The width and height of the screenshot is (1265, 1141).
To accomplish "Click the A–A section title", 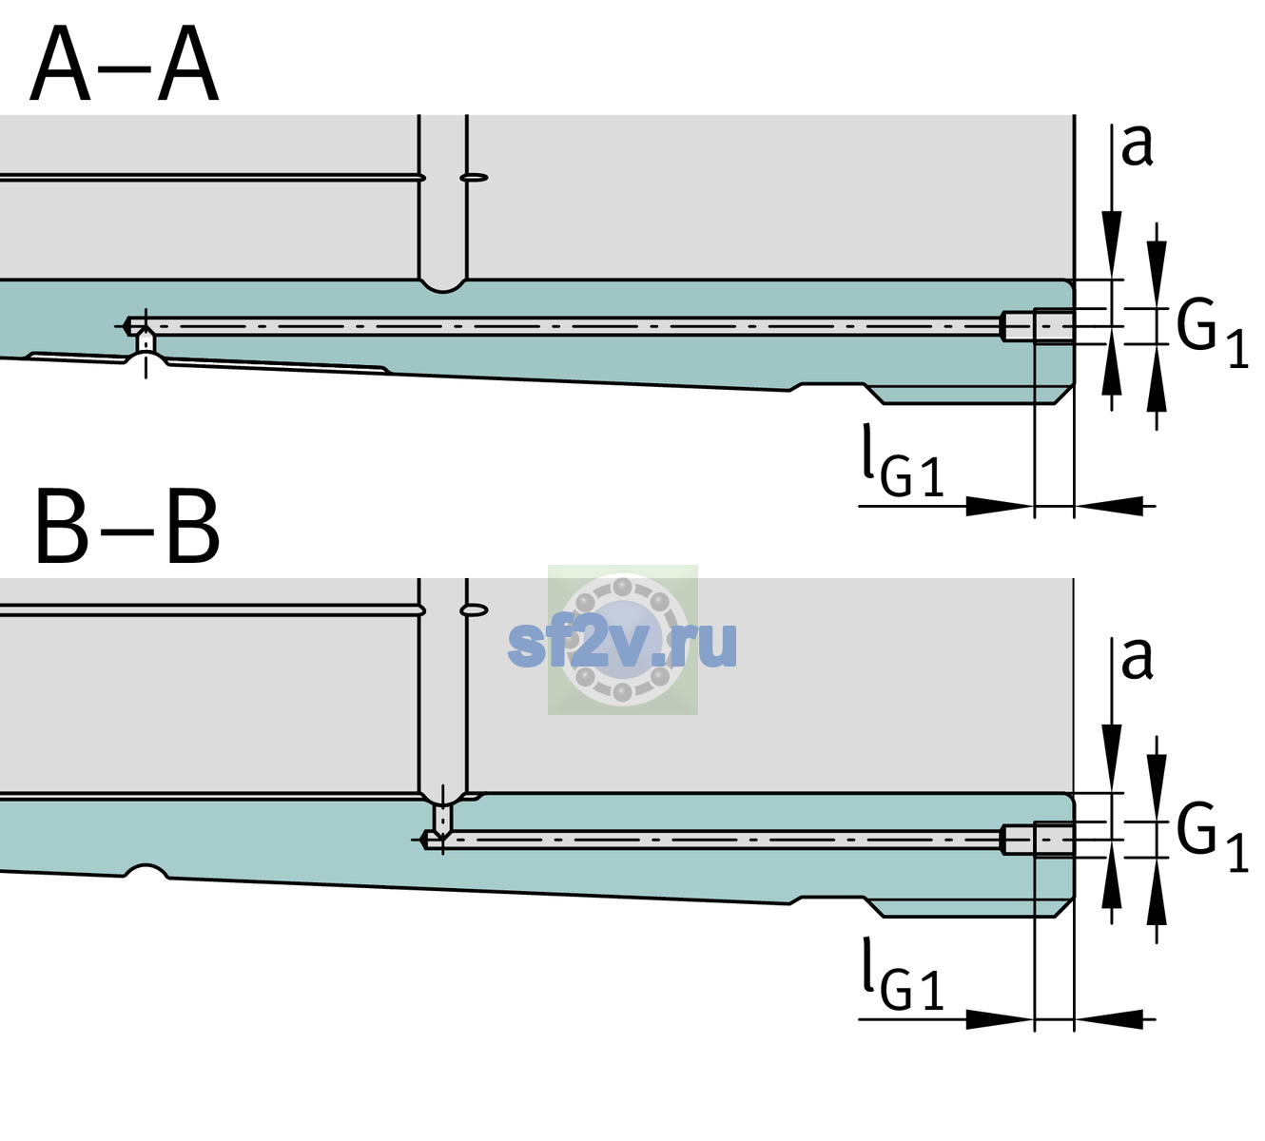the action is (x=125, y=64).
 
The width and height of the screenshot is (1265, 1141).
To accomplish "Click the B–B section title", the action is (x=127, y=527).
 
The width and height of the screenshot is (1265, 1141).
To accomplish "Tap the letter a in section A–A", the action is (x=1137, y=145).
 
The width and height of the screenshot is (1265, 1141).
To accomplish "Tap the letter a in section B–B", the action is (x=1137, y=659).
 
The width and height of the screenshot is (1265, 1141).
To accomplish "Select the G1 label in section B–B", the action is (x=1212, y=838).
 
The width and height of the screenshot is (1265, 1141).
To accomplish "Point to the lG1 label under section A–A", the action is (x=903, y=461).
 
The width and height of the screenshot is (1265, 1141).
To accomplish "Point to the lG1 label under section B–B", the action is (x=903, y=975).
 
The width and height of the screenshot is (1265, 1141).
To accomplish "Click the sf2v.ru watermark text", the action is (x=622, y=643).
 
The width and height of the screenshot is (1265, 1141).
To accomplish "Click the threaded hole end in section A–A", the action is (x=1038, y=326).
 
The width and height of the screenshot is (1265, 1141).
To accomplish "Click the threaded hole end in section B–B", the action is (x=1038, y=840).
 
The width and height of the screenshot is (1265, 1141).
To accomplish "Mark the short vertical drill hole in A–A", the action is (x=146, y=341).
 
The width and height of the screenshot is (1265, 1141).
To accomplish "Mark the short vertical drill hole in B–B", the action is (x=443, y=818).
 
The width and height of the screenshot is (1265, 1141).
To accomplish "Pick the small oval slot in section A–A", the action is (x=474, y=178).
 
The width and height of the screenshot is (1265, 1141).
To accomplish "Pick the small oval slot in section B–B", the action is (x=474, y=610).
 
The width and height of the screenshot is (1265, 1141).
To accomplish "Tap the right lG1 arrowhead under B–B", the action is (x=1109, y=1019).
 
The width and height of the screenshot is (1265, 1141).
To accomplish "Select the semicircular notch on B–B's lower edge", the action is (x=146, y=871).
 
